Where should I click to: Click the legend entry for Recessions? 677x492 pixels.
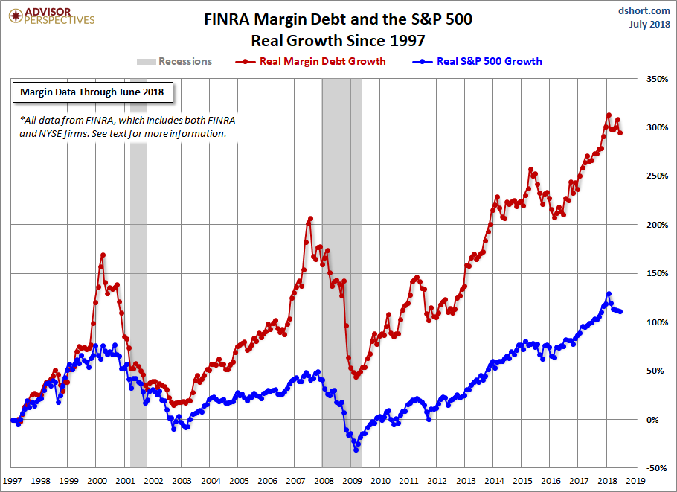click(x=175, y=61)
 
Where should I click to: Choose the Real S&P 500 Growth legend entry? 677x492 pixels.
click(x=479, y=61)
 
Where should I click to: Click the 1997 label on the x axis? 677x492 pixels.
click(x=13, y=481)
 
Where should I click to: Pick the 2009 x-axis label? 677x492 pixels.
click(x=352, y=481)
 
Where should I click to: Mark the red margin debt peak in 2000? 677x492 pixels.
click(x=103, y=255)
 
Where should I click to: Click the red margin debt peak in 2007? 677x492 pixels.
click(x=310, y=218)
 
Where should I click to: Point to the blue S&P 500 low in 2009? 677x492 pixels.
click(x=356, y=450)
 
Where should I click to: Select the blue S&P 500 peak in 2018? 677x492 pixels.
click(x=609, y=294)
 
